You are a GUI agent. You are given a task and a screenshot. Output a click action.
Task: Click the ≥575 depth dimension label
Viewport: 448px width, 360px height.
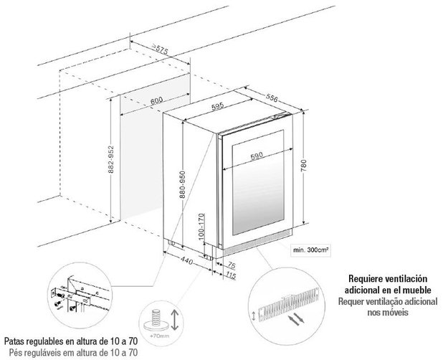click(160, 49)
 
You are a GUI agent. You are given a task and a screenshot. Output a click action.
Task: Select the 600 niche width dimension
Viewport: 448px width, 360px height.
click(156, 100)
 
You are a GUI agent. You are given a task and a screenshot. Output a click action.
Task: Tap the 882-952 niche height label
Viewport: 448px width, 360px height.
click(111, 159)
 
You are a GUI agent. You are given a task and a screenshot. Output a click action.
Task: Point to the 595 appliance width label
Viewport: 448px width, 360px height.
click(218, 107)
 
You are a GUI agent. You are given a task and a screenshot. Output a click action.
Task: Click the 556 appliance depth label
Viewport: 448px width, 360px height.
click(272, 98)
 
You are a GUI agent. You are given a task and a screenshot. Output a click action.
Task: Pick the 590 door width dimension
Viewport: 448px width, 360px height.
click(257, 156)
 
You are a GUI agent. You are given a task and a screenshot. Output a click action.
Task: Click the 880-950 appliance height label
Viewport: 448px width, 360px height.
click(183, 184)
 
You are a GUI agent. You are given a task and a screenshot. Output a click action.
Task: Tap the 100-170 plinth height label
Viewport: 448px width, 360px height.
click(201, 226)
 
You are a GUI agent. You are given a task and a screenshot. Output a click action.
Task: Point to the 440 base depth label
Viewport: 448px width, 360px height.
click(187, 260)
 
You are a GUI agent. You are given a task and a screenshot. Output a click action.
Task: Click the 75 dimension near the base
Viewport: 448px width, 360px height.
click(231, 265)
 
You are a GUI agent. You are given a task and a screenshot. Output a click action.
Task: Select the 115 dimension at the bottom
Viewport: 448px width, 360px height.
click(231, 275)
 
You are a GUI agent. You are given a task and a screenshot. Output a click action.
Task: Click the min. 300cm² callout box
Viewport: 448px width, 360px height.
click(310, 250)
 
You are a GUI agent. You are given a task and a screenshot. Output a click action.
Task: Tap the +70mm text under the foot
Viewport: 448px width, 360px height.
click(159, 336)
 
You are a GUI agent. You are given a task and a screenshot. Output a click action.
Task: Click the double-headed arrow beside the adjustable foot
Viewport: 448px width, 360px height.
click(175, 320)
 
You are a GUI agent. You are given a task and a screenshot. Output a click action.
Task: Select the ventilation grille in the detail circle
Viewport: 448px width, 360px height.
click(289, 303)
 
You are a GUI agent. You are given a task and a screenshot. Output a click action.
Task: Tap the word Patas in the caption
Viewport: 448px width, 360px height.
click(14, 341)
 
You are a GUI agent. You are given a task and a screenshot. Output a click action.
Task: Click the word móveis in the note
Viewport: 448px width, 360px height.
click(396, 312)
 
